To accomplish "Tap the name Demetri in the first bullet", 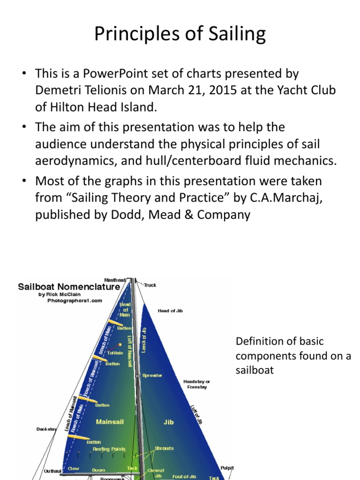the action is point(58,90).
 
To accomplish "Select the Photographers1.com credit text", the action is point(75,301).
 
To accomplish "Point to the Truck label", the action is point(150,285).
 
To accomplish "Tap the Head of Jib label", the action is point(170,311).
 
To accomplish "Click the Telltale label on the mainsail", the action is point(114,352).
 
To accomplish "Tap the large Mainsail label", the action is point(110,422).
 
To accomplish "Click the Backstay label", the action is point(46,429).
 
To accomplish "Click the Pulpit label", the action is point(227,468).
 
